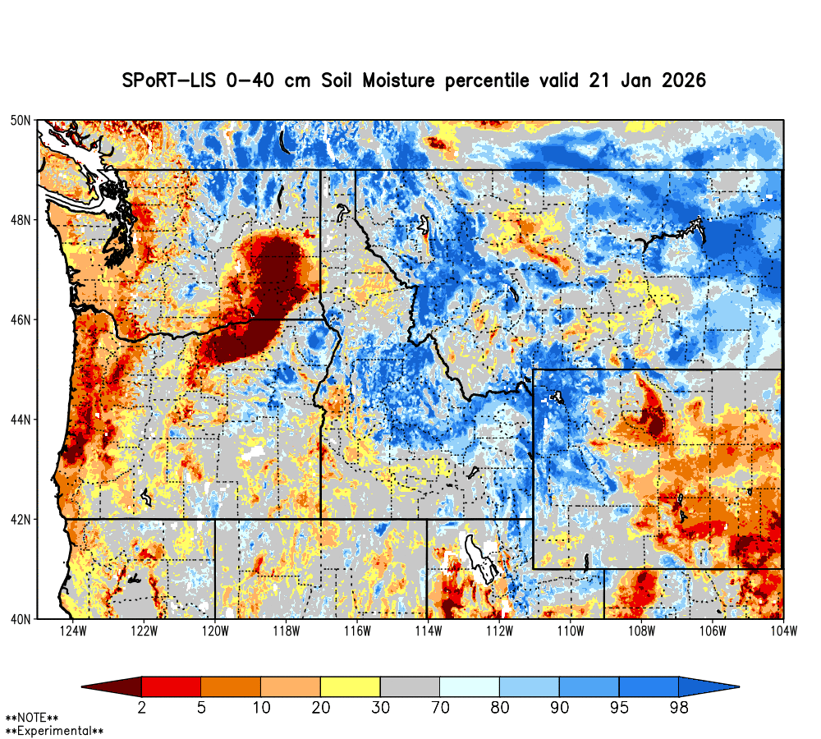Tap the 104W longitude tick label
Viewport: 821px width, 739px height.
pos(784,631)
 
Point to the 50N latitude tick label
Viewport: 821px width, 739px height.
pos(22,121)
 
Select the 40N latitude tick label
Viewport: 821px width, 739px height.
pos(22,619)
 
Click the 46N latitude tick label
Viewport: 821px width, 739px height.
pos(22,319)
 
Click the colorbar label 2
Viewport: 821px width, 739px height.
pos(141,706)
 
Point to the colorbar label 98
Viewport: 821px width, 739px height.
pos(678,706)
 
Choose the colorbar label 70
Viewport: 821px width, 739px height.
pos(439,706)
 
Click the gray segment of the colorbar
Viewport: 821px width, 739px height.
pos(410,686)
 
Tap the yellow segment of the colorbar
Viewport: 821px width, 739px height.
pos(350,686)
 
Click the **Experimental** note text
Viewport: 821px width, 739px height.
pos(54,730)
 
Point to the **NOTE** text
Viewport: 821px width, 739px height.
pos(32,718)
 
